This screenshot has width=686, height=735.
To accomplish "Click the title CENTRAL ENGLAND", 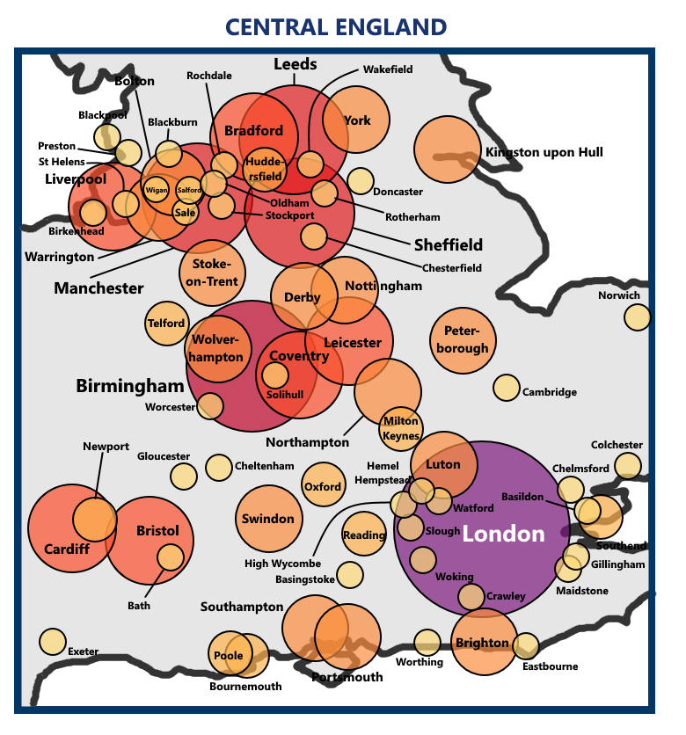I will (x=336, y=27).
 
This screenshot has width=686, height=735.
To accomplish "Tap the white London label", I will (x=504, y=534).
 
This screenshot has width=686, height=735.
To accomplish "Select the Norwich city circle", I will (x=637, y=317).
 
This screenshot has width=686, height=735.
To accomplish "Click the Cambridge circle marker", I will (x=507, y=387).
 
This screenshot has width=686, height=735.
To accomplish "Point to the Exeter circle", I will (x=53, y=642).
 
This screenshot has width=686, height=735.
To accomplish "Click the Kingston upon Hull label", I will (x=544, y=152).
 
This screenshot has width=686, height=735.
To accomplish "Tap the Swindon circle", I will (x=268, y=519).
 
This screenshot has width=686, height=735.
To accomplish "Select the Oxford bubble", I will (x=323, y=484).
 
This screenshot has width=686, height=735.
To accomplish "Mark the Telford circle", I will (x=167, y=324).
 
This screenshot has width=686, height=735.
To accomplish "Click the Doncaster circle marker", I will (x=360, y=181).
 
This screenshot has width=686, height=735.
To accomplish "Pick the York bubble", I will (x=356, y=121).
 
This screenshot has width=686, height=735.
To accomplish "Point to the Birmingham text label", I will (x=130, y=385).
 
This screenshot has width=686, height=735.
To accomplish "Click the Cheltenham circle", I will (x=218, y=467).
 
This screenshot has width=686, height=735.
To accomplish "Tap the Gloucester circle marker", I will (x=184, y=477).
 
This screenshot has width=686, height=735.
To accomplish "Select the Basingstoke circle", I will (x=350, y=575).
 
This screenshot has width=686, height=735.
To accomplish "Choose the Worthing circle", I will (x=427, y=643).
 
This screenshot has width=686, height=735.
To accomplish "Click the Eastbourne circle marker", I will (x=526, y=646).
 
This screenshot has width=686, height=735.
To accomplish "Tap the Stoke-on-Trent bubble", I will (x=211, y=273).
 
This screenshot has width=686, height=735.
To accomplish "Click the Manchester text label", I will (x=99, y=288).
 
